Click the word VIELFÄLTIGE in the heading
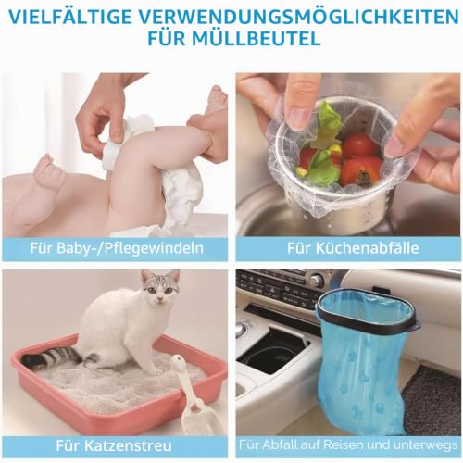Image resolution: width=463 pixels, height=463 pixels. [x=69, y=17]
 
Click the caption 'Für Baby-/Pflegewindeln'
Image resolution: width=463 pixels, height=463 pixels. [x=117, y=248]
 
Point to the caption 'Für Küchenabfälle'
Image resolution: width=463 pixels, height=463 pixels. [x=353, y=248]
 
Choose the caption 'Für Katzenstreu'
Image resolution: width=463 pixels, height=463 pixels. [x=114, y=445]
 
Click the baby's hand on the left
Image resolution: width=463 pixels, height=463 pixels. [x=49, y=169]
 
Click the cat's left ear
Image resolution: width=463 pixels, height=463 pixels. [x=146, y=276]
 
